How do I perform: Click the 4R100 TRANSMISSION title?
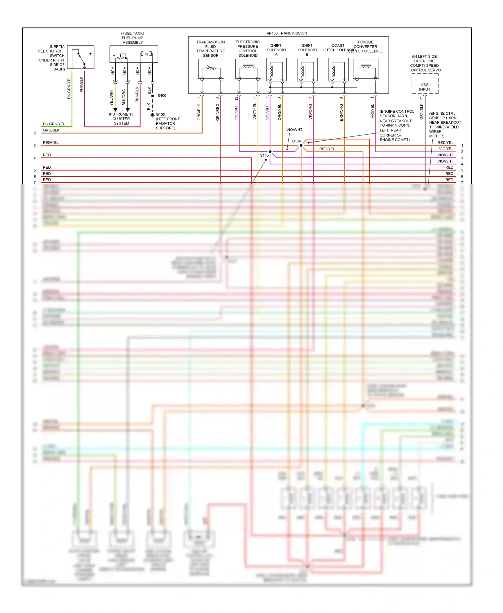pyautogui.click(x=287, y=33)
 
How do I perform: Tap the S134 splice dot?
pyautogui.click(x=301, y=145)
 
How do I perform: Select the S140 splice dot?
pyautogui.click(x=270, y=152)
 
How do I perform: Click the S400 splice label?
pyautogui.click(x=162, y=96)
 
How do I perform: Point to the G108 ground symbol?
pyautogui.click(x=153, y=115)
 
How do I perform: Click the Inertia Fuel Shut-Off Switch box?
pyautogui.click(x=80, y=57)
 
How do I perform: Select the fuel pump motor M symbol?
pyautogui.click(x=146, y=54)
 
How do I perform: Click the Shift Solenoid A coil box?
pyautogui.click(x=276, y=69)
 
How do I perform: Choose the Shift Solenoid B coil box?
pyautogui.click(x=307, y=69)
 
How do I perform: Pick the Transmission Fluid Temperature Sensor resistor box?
pyautogui.click(x=211, y=69)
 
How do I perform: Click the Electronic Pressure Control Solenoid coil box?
pyautogui.click(x=248, y=69)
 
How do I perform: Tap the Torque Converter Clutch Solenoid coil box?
pyautogui.click(x=366, y=69)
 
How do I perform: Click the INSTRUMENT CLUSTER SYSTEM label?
pyautogui.click(x=121, y=119)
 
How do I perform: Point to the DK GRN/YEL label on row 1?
pyautogui.click(x=54, y=124)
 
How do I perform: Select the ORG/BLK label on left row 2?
pyautogui.click(x=51, y=130)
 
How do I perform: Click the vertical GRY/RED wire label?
pyautogui.click(x=218, y=112)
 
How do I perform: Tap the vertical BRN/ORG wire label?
pyautogui.click(x=341, y=112)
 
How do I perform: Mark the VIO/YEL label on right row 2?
pyautogui.click(x=446, y=149)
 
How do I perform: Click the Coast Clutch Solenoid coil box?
pyautogui.click(x=338, y=69)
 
